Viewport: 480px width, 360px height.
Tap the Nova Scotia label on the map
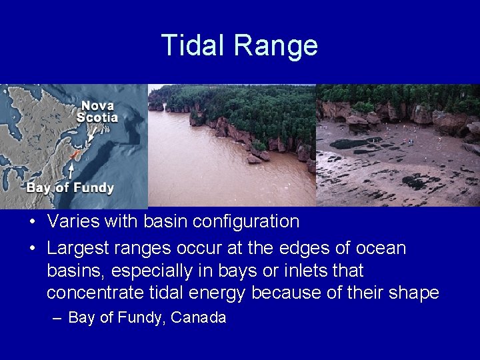[97, 111]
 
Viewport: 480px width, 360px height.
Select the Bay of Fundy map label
[70, 187]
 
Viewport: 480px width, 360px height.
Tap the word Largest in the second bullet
[78, 249]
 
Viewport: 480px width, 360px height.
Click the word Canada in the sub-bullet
[199, 318]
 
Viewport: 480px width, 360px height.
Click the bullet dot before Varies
[32, 221]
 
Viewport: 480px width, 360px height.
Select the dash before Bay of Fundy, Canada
[57, 318]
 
